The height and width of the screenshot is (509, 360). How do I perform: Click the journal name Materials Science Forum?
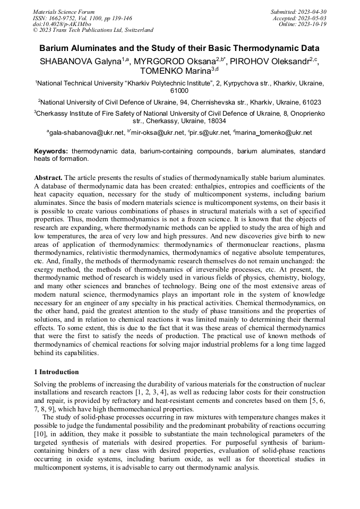pos(64,11)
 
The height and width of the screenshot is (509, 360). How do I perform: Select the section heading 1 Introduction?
pos(56,372)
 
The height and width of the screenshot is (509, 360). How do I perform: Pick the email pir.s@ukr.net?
pos(210,132)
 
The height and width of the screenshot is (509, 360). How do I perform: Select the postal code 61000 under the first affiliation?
pos(179,91)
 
